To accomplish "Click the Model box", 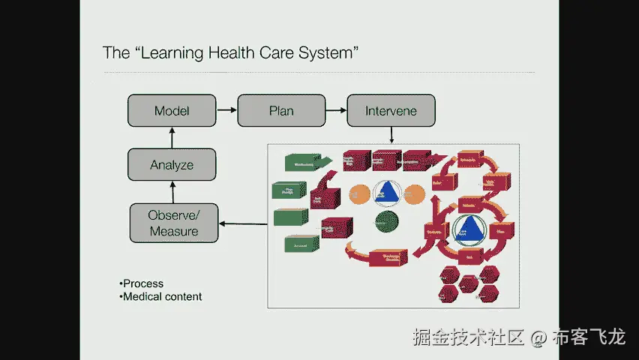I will [x=172, y=111].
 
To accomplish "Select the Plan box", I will [x=281, y=111].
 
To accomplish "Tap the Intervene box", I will [x=391, y=111].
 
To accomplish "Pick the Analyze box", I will [x=172, y=164].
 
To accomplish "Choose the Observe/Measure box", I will [x=174, y=223].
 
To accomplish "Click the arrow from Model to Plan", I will [x=226, y=111].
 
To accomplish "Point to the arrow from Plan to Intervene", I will [x=336, y=111].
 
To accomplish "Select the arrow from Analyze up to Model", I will [x=172, y=137].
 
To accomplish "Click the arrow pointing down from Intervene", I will [x=391, y=134].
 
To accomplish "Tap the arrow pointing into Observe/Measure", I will [x=243, y=223].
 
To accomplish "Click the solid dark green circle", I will [x=387, y=222].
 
